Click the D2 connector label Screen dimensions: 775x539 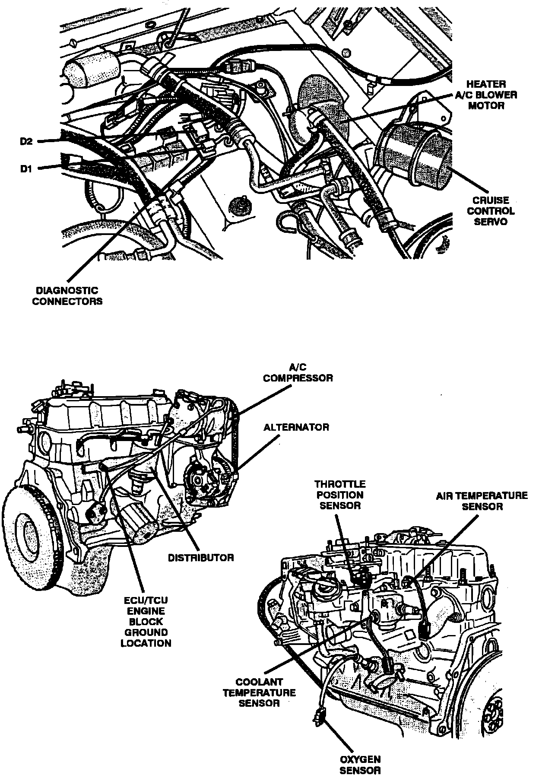point(26,142)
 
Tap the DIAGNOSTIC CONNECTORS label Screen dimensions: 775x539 point(67,296)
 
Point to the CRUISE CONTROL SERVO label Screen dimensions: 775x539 point(491,211)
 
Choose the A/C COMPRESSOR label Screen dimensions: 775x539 point(298,372)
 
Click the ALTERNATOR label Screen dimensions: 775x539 point(296,427)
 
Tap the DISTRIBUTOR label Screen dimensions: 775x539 point(201,557)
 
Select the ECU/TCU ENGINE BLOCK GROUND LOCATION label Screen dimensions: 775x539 point(146,622)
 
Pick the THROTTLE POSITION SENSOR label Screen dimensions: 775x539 point(340,495)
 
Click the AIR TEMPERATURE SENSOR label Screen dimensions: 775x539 point(482,501)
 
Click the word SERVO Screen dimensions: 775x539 point(491,222)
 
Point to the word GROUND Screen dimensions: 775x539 point(146,632)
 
